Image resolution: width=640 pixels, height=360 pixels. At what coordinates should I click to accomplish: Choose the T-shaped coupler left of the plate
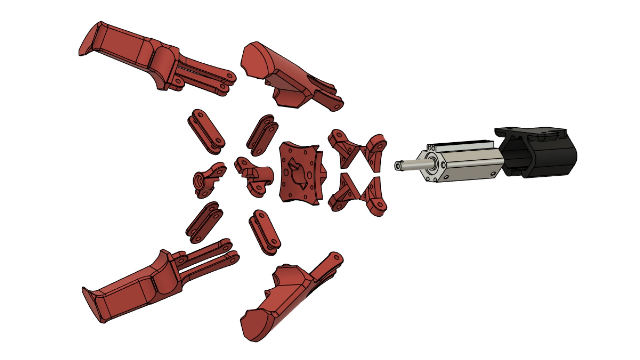[x=255, y=175]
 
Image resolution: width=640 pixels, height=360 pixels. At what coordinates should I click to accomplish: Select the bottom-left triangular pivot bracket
[x=343, y=193]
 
